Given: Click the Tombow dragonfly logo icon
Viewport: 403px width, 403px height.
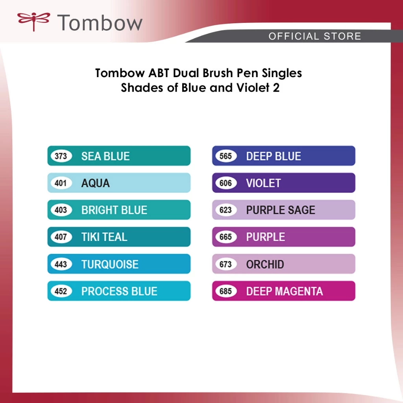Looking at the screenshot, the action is tap(33, 21).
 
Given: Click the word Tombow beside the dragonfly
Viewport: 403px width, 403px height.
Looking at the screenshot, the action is tap(100, 22).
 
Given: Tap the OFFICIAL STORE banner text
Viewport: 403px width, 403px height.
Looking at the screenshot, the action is tap(315, 36).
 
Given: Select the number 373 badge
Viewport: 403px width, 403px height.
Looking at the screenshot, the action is tap(61, 156).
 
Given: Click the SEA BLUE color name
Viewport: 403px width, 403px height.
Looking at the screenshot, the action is tap(105, 156).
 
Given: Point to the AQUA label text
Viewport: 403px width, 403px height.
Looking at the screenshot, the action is tap(95, 183).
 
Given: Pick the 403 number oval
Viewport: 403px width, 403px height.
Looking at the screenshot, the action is tap(61, 210).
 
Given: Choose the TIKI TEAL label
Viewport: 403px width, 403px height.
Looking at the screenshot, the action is tap(104, 237).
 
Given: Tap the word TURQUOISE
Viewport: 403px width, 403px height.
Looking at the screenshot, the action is tap(110, 264).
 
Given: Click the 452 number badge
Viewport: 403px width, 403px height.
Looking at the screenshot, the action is tap(61, 291).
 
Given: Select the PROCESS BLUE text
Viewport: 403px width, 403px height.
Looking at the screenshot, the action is tap(119, 291).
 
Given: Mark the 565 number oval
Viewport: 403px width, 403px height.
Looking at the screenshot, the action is tap(226, 156).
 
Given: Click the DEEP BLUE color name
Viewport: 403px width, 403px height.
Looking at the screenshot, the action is tap(274, 156).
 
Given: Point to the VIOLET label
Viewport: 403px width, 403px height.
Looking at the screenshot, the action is tap(263, 183).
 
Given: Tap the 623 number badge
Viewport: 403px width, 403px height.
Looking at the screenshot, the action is tap(226, 210).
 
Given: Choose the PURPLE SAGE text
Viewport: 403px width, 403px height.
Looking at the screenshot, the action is tap(281, 210).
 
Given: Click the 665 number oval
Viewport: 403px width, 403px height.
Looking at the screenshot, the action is tap(226, 237).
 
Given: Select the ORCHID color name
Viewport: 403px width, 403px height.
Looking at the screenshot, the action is tap(265, 264).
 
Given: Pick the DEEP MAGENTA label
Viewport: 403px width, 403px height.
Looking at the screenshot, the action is tap(285, 291).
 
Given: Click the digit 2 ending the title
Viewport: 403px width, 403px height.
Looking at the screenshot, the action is tap(276, 88).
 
